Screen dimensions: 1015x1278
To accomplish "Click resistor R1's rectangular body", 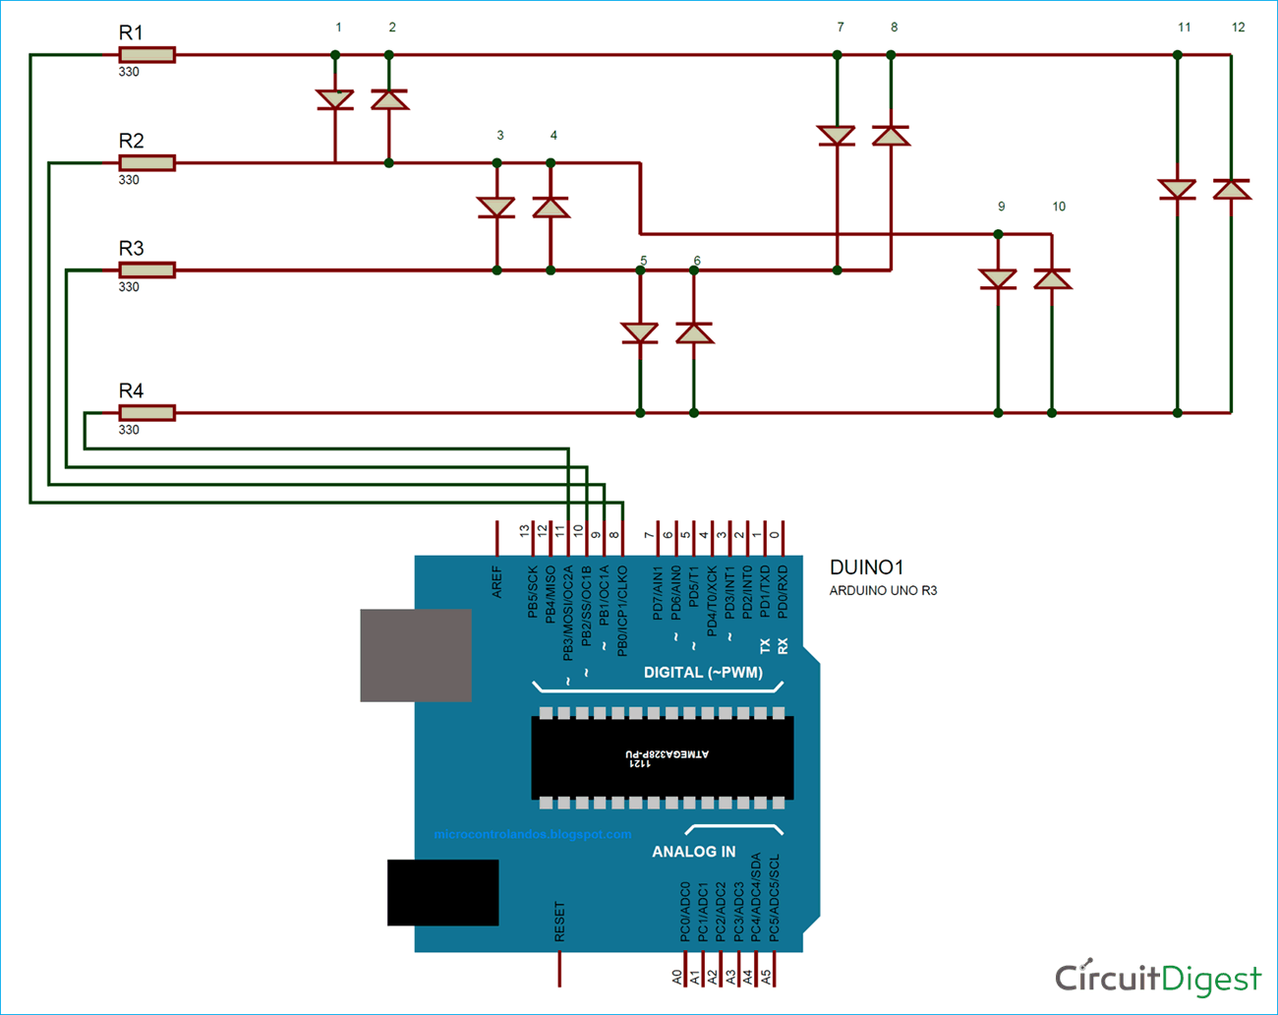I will [x=146, y=55].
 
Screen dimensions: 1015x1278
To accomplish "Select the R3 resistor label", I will [x=131, y=248].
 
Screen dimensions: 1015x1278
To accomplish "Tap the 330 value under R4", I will [x=129, y=430].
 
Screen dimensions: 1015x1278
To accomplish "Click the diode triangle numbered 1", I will [x=335, y=99].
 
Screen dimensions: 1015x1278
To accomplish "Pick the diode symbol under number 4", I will [x=551, y=208].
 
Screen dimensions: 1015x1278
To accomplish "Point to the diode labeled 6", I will [x=694, y=333].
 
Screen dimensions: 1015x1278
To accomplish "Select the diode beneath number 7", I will [x=837, y=136].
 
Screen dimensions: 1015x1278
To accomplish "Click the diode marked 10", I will [x=1052, y=279].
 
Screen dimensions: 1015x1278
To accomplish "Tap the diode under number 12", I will [x=1231, y=189].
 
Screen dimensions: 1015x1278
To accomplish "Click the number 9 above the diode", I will [x=1001, y=207].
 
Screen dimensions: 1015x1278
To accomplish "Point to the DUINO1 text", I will [x=866, y=567].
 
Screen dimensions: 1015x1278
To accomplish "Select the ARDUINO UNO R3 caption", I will [x=883, y=591].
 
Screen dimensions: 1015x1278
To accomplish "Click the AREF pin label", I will [x=496, y=581].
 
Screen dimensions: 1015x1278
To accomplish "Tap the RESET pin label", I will [x=559, y=923].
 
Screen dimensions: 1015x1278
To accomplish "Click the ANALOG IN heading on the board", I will [x=693, y=852].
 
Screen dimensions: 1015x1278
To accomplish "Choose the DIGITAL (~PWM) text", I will [x=703, y=673].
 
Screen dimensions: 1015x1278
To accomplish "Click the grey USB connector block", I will [x=416, y=655].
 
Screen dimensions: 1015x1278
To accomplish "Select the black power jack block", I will [x=442, y=892].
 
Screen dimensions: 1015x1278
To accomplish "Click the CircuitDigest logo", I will [x=1157, y=978].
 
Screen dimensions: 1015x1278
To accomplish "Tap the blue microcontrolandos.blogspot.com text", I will [x=532, y=834].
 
